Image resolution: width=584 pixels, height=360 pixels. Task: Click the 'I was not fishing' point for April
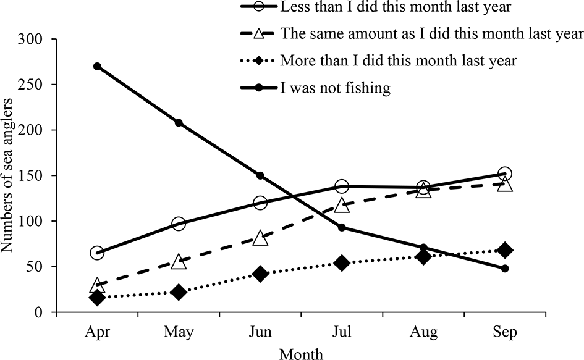pos(97,66)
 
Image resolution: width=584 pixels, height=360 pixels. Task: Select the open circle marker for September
pos(505,174)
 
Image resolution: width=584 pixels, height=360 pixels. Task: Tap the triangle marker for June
pos(260,238)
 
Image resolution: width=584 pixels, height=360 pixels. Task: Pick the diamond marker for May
pos(179,292)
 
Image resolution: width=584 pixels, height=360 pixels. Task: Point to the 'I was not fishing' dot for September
pos(505,269)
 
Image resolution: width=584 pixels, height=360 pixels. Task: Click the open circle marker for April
pos(97,253)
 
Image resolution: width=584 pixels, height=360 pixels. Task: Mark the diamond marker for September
pos(505,250)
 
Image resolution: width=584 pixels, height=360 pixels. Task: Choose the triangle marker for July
pos(342,204)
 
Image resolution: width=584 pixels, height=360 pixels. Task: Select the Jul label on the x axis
pos(342,332)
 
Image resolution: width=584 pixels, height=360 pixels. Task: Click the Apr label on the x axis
pos(97,332)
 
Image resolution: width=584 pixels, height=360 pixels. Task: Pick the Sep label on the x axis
pos(505,332)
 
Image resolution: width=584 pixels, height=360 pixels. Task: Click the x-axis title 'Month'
pos(301,353)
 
